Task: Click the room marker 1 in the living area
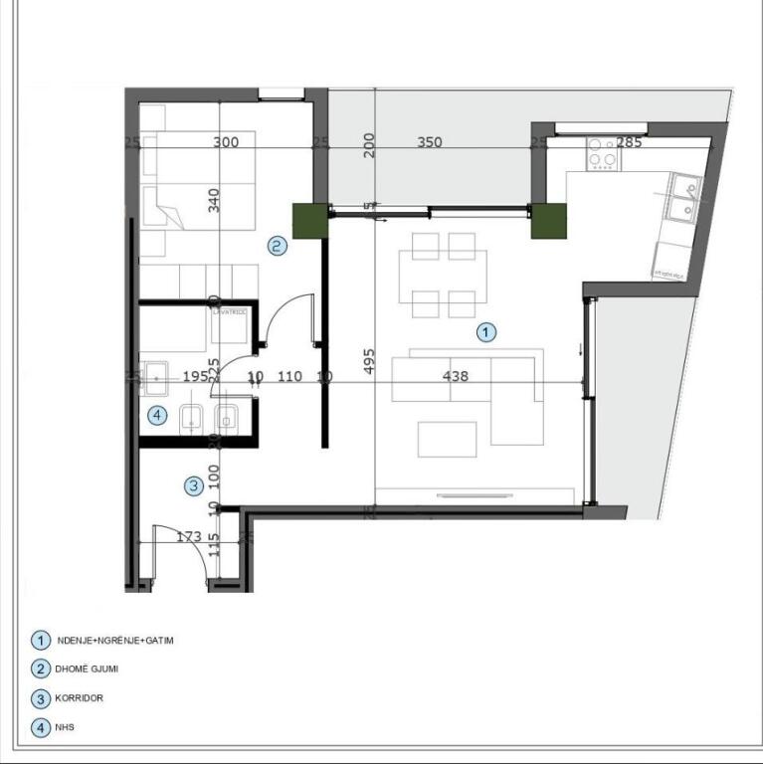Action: [x=485, y=332]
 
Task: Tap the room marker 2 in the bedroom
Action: [x=278, y=245]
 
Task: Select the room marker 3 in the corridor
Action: [x=195, y=486]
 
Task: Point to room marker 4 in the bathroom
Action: [x=156, y=416]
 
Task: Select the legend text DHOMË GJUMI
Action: [x=95, y=669]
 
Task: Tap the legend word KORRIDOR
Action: [x=87, y=698]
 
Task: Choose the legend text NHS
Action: [x=66, y=727]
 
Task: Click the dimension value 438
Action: [x=456, y=376]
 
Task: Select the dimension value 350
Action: [x=429, y=142]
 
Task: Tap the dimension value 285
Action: [x=629, y=142]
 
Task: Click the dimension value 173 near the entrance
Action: [x=188, y=537]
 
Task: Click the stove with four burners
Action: [x=602, y=154]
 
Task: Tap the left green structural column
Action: [x=310, y=221]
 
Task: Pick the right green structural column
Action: [x=548, y=221]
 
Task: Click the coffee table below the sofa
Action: [x=447, y=439]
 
